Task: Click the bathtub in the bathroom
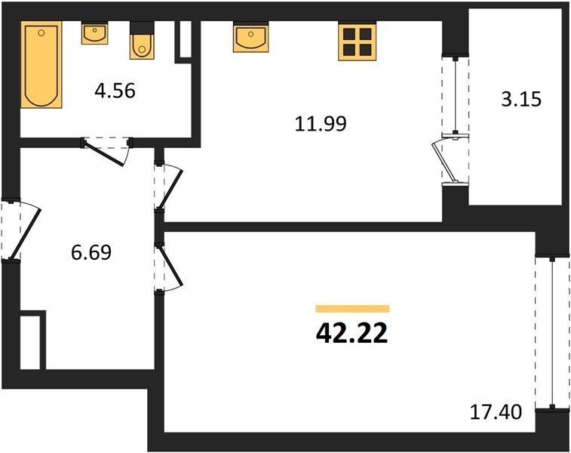[x=41, y=64]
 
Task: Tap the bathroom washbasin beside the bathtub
[x=95, y=33]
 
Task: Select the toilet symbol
[x=142, y=41]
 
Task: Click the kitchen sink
[x=251, y=37]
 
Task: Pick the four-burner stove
[x=358, y=41]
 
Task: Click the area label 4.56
[x=115, y=91]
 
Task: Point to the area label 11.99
[x=321, y=124]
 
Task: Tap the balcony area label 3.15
[x=521, y=99]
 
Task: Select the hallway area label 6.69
[x=91, y=252]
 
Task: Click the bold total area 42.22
[x=352, y=334]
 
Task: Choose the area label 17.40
[x=496, y=412]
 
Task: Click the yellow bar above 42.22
[x=352, y=309]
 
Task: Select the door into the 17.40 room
[x=170, y=266]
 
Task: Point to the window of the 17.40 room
[x=552, y=332]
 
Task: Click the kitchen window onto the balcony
[x=455, y=96]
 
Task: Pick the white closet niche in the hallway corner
[x=30, y=343]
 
